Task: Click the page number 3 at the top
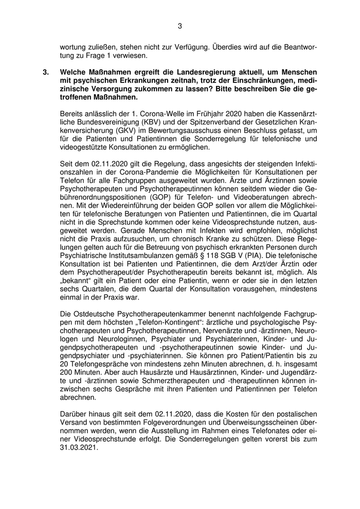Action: click(180, 26)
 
